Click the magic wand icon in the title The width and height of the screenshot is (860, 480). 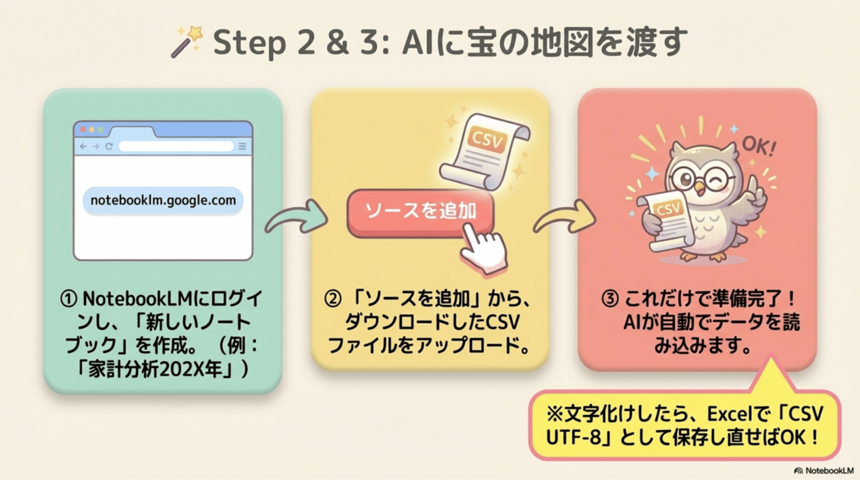tap(187, 42)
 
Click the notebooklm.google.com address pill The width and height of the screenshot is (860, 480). tap(163, 201)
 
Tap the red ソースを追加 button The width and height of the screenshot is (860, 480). tap(420, 212)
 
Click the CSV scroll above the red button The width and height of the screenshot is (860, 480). tap(485, 152)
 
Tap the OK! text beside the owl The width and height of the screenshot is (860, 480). tap(759, 146)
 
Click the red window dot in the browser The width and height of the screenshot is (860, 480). tap(83, 130)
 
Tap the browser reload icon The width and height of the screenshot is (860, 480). tap(109, 146)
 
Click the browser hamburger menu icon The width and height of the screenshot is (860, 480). tap(242, 146)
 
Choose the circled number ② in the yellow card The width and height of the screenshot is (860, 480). tap(332, 299)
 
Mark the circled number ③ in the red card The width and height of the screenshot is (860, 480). tap(610, 299)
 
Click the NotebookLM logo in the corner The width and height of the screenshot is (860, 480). tap(824, 470)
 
